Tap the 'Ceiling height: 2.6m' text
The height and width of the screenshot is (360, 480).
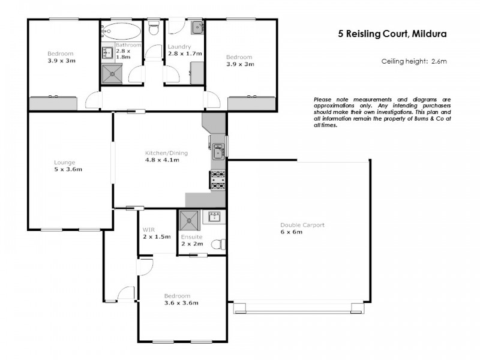[x=414, y=61]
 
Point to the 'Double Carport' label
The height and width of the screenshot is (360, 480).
[x=302, y=225]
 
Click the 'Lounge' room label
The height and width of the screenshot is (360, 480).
[x=64, y=162]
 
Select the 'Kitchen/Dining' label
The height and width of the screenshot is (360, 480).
[x=162, y=152]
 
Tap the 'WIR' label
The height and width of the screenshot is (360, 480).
[x=149, y=230]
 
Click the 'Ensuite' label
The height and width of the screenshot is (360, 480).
[x=192, y=236]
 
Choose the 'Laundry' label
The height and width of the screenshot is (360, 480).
[x=179, y=47]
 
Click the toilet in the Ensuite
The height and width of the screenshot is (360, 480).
[x=220, y=244]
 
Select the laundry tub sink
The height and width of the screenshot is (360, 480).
[x=196, y=27]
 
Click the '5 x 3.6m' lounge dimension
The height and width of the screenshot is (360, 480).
[x=68, y=169]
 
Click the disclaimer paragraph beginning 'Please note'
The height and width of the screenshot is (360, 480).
[x=382, y=112]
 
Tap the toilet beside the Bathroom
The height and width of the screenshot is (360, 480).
[x=154, y=27]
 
